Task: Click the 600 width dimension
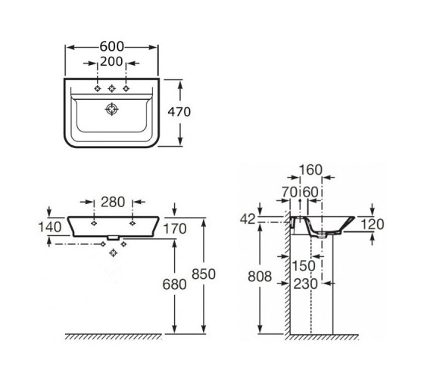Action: pyautogui.click(x=112, y=46)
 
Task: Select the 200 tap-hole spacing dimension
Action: pyautogui.click(x=111, y=61)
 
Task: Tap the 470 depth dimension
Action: pyautogui.click(x=179, y=112)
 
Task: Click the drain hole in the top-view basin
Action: pyautogui.click(x=112, y=110)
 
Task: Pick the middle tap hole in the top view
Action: pyautogui.click(x=112, y=88)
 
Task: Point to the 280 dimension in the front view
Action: pyautogui.click(x=113, y=202)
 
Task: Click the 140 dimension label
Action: pyautogui.click(x=50, y=227)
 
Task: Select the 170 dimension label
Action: pyautogui.click(x=175, y=229)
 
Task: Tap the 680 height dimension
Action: pyautogui.click(x=174, y=284)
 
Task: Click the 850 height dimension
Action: pyautogui.click(x=204, y=274)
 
